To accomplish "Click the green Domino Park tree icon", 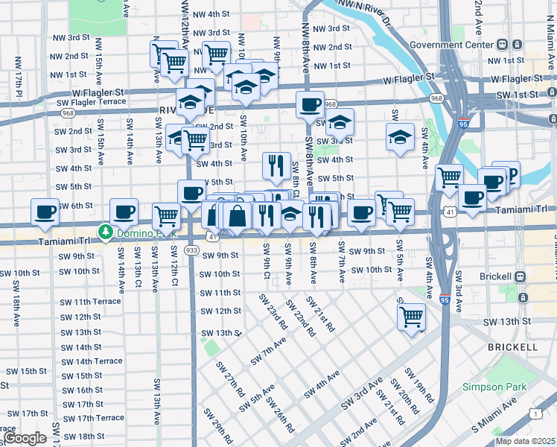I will (x=106, y=232).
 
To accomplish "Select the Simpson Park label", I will (x=494, y=387).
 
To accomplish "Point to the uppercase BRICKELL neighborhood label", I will (x=512, y=348).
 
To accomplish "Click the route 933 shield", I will (x=192, y=250).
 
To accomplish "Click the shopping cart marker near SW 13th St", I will (x=411, y=316).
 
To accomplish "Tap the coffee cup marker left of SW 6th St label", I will (x=45, y=211).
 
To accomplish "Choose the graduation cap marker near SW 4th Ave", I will (x=400, y=137).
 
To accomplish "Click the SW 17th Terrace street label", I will (x=93, y=418).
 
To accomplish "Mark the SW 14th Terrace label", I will (x=92, y=361).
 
